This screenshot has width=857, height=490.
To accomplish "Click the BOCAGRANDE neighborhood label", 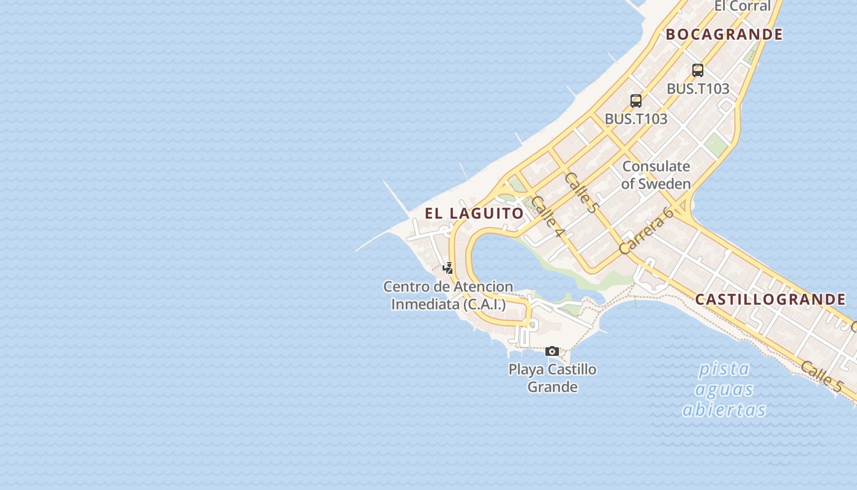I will coord(724,34).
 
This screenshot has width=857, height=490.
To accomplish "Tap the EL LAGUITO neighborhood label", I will coord(474,213).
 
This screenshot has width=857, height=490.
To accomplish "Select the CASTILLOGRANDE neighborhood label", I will coord(770,300).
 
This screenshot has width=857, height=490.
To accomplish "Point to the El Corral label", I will coord(743,6).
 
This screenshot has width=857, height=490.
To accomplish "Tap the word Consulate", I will coord(656,167).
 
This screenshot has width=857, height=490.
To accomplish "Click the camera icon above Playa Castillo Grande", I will coord(552,351).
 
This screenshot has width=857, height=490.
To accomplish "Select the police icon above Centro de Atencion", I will coord(448,268).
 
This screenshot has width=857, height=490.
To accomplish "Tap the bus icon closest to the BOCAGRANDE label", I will coord(698,70).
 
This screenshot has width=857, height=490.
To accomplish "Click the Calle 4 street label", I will coord(547,217).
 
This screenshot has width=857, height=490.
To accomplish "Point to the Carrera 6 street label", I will coord(646,231).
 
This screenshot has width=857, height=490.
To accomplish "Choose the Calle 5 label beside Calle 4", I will coord(580,192).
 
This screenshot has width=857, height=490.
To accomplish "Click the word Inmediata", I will coord(425,304).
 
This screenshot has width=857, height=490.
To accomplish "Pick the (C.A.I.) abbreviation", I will coord(485,304).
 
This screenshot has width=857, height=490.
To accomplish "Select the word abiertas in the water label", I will coord(724,410).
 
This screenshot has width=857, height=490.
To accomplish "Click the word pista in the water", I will coord(724,369).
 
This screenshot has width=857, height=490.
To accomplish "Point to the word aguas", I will coord(724,390).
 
